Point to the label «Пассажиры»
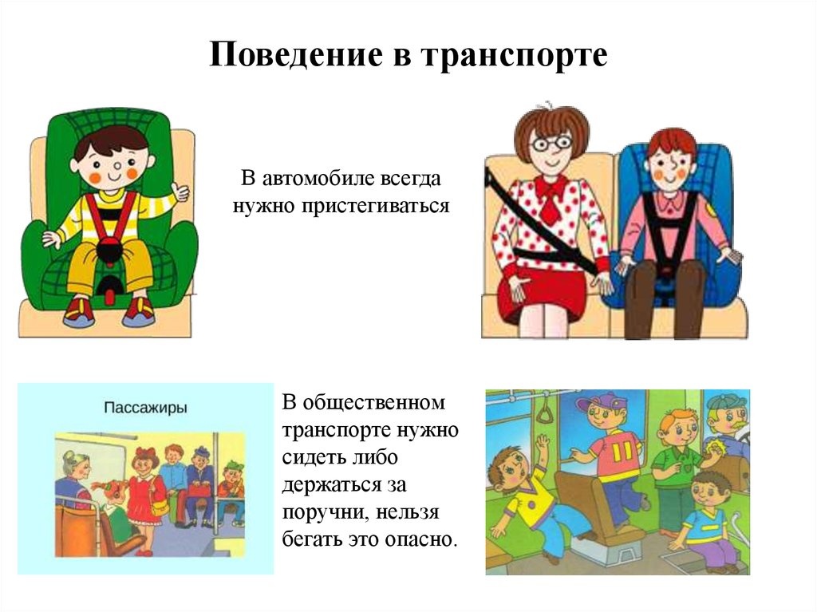[145, 408]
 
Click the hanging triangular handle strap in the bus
[546, 412]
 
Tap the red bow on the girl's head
[146, 454]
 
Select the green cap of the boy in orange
[231, 465]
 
